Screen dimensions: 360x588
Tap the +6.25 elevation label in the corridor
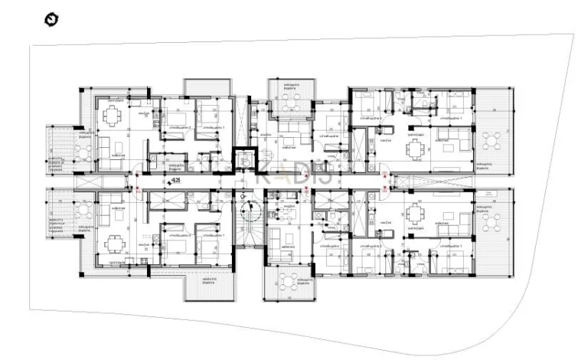pyautogui.click(x=175, y=181)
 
